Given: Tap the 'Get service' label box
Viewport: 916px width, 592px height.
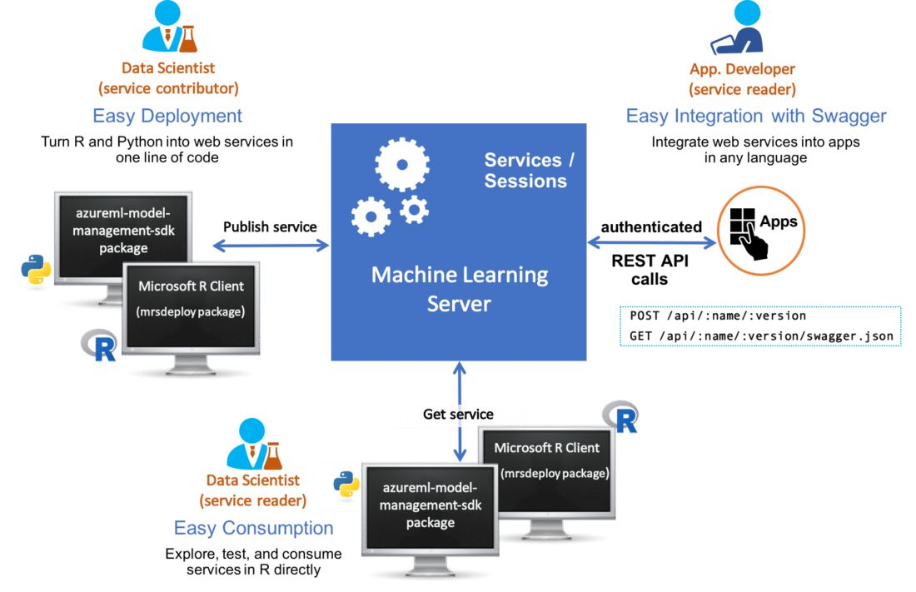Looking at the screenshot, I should tap(458, 415).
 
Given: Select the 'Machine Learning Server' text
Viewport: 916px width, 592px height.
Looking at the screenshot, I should tap(459, 288).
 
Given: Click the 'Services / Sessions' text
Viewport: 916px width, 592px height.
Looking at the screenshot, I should tap(530, 171).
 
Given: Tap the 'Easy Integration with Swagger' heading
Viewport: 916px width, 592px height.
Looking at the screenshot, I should tap(755, 117).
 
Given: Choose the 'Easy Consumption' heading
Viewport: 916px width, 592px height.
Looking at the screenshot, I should tap(253, 528).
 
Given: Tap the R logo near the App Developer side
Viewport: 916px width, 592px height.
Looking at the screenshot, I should tap(623, 415).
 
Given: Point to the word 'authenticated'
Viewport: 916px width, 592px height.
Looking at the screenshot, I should tap(651, 227).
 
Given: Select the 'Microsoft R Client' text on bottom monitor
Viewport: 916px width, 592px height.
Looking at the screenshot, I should tap(547, 448).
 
